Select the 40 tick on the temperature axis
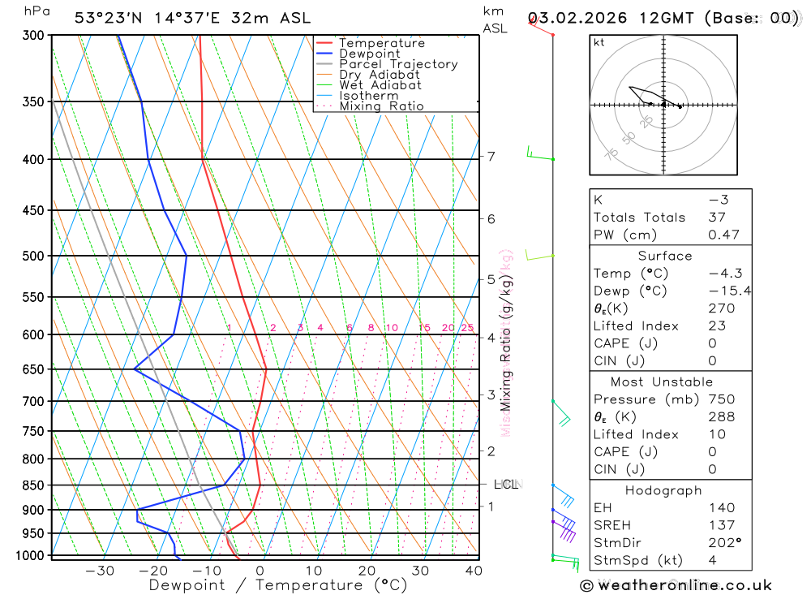pyautogui.click(x=474, y=571)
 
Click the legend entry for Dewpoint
pyautogui.click(x=370, y=54)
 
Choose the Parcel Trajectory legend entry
pyautogui.click(x=398, y=64)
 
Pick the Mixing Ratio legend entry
pyautogui.click(x=381, y=106)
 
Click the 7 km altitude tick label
pyautogui.click(x=491, y=156)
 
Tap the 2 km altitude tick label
pyautogui.click(x=491, y=451)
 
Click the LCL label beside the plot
pyautogui.click(x=505, y=485)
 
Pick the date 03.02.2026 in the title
pyautogui.click(x=577, y=18)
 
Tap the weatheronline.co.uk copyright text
pyautogui.click(x=676, y=585)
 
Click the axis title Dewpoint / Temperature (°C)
pyautogui.click(x=277, y=584)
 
